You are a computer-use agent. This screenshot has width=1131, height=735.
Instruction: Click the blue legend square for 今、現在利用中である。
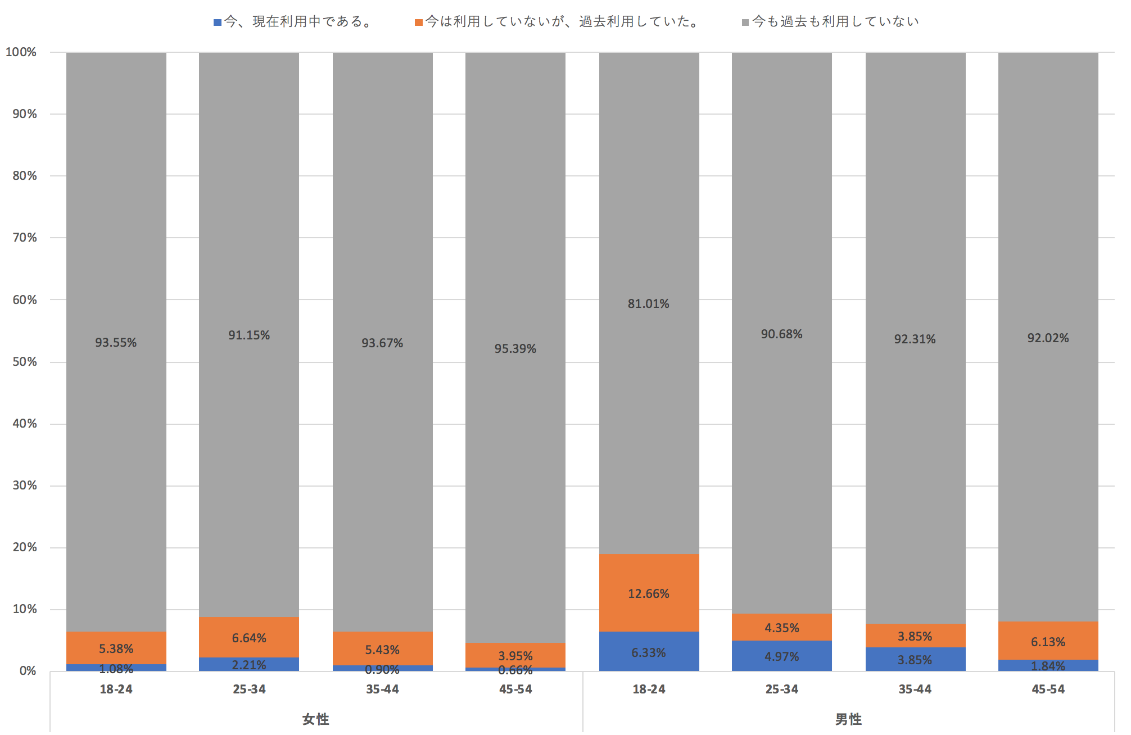click(x=218, y=22)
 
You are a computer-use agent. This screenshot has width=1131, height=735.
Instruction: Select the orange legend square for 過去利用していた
click(x=419, y=22)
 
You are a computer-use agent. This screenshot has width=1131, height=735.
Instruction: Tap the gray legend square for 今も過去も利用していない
click(x=745, y=22)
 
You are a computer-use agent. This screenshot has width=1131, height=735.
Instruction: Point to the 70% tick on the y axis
click(x=25, y=238)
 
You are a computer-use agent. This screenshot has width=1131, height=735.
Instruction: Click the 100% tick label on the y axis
click(x=21, y=52)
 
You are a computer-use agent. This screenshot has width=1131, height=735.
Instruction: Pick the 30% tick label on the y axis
click(x=25, y=486)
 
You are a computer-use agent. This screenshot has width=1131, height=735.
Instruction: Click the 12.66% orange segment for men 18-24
click(x=649, y=593)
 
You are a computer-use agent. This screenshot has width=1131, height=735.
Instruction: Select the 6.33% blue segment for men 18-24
click(x=649, y=652)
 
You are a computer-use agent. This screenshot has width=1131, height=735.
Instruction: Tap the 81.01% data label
click(x=649, y=304)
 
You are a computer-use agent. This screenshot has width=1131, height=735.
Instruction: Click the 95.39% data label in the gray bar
click(x=515, y=349)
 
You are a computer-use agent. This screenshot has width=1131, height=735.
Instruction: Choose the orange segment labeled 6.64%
click(x=249, y=638)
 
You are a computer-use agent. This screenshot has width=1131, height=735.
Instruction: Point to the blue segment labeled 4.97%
click(x=782, y=656)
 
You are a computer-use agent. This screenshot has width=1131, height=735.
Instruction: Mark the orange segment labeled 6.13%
click(x=1048, y=641)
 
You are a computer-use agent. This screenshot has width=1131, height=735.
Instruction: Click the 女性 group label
click(x=316, y=719)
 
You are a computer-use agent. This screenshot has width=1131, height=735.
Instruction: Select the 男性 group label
click(x=848, y=719)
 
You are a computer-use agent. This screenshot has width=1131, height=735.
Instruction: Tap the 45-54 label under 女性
click(x=515, y=689)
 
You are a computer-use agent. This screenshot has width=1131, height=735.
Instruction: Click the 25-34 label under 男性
click(x=782, y=689)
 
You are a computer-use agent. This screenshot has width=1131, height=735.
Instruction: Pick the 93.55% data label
click(x=116, y=343)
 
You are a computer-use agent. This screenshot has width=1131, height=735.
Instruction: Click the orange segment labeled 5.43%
click(x=382, y=649)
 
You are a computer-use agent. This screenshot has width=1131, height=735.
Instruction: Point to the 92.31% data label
click(x=915, y=339)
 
